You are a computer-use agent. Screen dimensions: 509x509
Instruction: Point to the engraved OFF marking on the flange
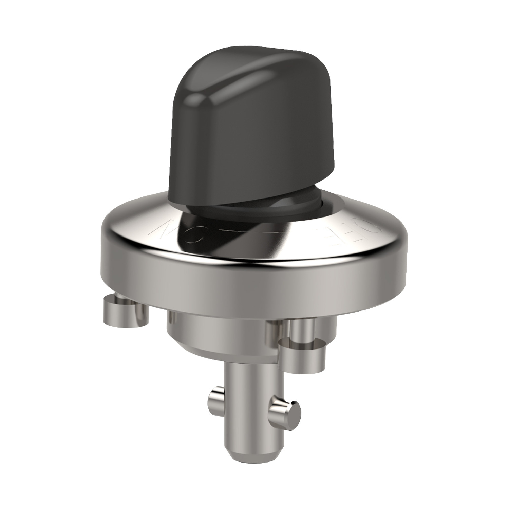coord(346,231)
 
